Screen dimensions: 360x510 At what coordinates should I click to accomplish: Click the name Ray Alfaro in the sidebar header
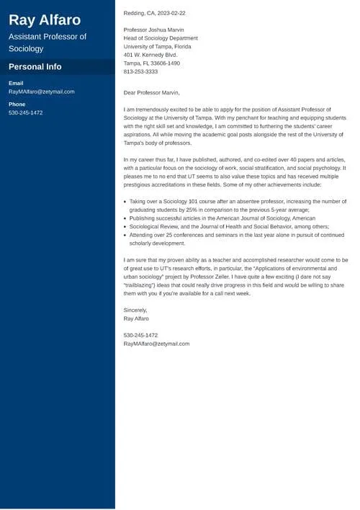pos(45,19)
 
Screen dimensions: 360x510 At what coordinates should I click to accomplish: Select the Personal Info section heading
pos(35,66)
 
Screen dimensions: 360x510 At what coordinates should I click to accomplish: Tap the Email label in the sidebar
pos(16,84)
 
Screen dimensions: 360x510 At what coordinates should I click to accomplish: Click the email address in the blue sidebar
pos(41,92)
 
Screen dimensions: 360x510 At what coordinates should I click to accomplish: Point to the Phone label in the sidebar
pos(17,104)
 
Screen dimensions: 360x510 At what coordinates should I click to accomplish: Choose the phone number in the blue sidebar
pos(26,113)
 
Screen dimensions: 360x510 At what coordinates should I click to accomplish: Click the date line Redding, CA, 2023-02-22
pos(154,13)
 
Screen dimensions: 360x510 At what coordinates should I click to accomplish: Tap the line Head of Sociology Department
pos(161,38)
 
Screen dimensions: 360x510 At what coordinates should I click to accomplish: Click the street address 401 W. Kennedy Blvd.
pos(150,55)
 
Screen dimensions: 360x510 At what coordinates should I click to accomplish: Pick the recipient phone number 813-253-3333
pos(140,71)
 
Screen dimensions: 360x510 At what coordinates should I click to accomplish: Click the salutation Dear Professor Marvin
pos(152,92)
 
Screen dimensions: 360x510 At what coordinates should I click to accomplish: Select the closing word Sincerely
pos(135,310)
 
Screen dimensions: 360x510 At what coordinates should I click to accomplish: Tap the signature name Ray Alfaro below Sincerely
pos(137,318)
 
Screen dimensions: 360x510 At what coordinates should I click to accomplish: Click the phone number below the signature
pos(140,335)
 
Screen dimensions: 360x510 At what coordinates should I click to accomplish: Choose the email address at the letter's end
pos(156,344)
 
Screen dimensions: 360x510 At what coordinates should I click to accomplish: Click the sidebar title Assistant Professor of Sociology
pos(48,42)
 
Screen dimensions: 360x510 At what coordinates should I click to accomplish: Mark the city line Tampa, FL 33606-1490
pos(152,63)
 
